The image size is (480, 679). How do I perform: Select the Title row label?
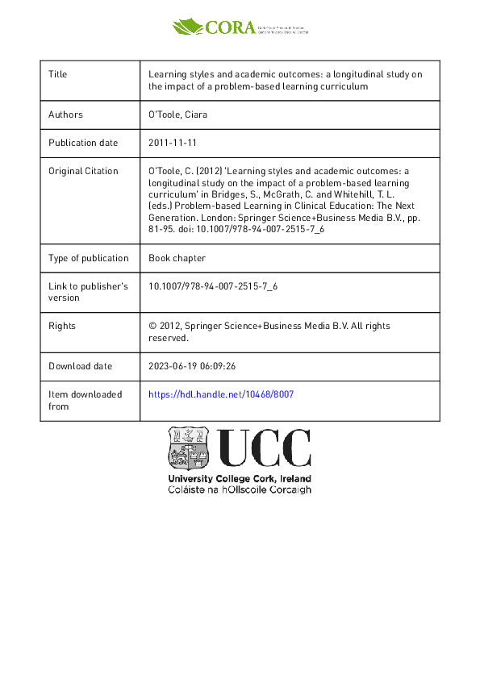pyautogui.click(x=58, y=74)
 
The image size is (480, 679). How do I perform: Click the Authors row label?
pyautogui.click(x=65, y=115)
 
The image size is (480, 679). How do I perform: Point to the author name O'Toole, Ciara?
pyautogui.click(x=178, y=115)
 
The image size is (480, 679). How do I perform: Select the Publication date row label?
pyautogui.click(x=83, y=143)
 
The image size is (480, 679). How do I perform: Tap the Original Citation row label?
pyautogui.click(x=83, y=171)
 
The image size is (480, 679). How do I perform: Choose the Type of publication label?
pyautogui.click(x=89, y=258)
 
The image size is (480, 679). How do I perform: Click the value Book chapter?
pyautogui.click(x=177, y=258)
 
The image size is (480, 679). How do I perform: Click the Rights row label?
pyautogui.click(x=62, y=326)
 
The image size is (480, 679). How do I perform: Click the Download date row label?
pyautogui.click(x=81, y=365)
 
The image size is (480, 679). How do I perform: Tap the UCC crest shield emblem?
pyautogui.click(x=188, y=448)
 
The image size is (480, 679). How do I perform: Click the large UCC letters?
pyautogui.click(x=263, y=448)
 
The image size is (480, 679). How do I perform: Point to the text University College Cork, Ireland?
pyautogui.click(x=239, y=479)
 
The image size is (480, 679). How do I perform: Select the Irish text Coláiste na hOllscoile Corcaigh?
pyautogui.click(x=239, y=489)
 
